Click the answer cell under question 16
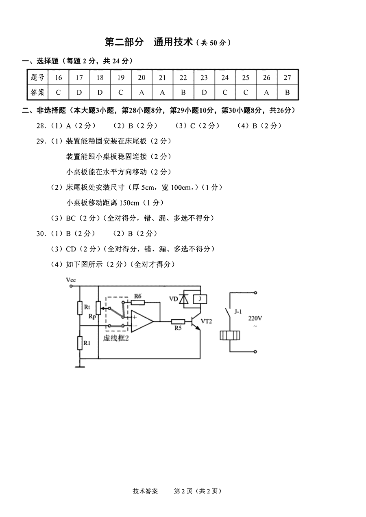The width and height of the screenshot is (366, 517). tap(58, 93)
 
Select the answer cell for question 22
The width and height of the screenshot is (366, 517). tap(183, 93)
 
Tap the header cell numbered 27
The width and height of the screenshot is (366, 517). tap(288, 78)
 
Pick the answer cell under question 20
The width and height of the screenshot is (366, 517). tap(142, 93)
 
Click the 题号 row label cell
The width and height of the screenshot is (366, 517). tap(38, 78)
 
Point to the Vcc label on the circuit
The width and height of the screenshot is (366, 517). tap(71, 280)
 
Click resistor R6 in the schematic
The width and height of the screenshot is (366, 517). tap(138, 302)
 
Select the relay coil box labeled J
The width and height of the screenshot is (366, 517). tap(200, 299)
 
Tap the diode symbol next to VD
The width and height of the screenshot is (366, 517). tap(184, 299)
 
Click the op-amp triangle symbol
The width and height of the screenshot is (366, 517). tap(142, 321)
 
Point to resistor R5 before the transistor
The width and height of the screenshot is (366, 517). tap(178, 322)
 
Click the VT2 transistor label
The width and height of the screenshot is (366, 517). tap(206, 321)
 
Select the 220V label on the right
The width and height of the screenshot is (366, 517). tap(255, 318)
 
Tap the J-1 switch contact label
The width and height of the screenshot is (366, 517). tap(238, 312)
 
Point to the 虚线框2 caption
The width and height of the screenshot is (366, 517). tap(116, 338)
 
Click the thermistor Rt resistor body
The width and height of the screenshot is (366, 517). tap(80, 308)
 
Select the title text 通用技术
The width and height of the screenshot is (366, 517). tap(173, 42)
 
